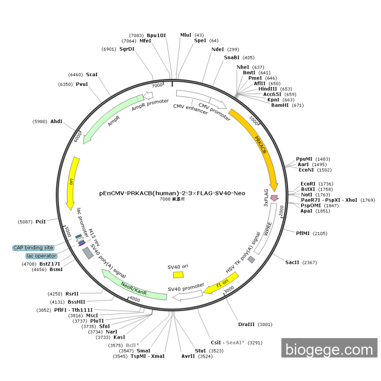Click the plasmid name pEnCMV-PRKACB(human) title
tap(172, 193)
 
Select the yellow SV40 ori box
tap(179, 275)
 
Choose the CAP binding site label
tap(37, 248)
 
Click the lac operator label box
tap(41, 256)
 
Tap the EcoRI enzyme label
tap(308, 184)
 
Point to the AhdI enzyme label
tap(57, 121)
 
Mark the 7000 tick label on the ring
tap(157, 85)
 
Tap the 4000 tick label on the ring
tap(134, 299)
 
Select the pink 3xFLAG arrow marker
tap(274, 198)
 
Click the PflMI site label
tap(303, 233)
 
